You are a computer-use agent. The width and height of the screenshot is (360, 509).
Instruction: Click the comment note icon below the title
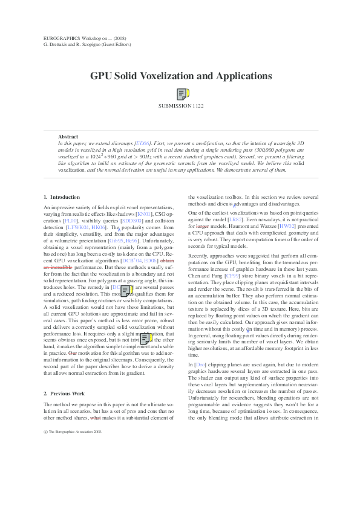(x=183, y=94)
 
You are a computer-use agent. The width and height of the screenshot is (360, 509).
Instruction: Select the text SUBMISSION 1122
(x=181, y=106)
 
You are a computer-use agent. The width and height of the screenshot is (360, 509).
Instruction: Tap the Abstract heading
(x=68, y=137)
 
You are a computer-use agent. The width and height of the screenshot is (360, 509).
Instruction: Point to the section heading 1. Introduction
(x=62, y=197)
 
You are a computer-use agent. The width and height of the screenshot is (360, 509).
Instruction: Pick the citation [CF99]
(x=233, y=276)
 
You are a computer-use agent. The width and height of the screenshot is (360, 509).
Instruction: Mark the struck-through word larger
(x=203, y=225)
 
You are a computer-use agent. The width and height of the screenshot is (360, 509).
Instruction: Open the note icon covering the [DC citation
(x=126, y=291)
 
